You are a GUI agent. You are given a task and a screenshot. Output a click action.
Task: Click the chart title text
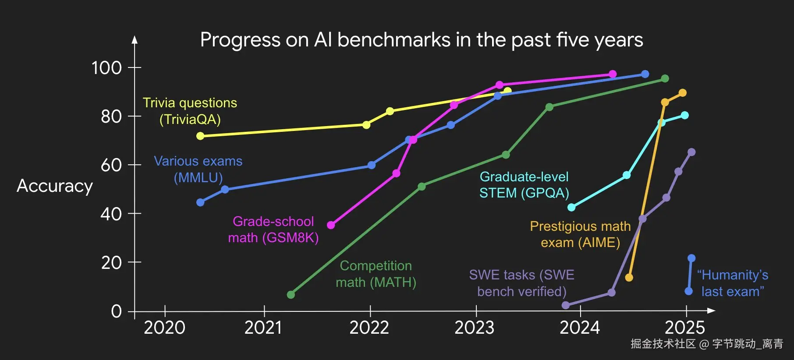(421, 40)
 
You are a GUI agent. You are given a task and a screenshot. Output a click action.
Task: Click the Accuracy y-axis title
(55, 186)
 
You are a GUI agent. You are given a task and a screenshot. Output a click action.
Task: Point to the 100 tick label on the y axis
(106, 68)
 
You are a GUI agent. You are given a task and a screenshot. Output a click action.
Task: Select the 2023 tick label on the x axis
(474, 328)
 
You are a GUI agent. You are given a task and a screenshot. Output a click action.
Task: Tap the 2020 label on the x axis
(164, 328)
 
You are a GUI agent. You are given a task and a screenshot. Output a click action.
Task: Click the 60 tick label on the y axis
(111, 166)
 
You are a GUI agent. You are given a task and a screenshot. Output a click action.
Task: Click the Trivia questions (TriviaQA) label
(190, 111)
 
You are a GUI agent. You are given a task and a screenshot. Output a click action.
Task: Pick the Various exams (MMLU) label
(198, 169)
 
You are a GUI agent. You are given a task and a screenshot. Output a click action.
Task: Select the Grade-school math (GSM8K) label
(273, 229)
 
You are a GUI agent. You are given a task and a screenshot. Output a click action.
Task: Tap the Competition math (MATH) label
(376, 274)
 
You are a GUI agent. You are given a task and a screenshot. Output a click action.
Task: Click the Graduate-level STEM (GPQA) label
(524, 185)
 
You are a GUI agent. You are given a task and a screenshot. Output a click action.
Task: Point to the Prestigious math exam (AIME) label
(580, 234)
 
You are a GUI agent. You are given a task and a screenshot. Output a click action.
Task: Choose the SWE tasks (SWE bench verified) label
(521, 283)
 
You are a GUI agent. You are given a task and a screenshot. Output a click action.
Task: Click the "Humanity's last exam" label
(733, 283)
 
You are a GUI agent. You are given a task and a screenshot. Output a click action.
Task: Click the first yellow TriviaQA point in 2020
(200, 136)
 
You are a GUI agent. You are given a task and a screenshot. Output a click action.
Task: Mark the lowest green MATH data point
(291, 295)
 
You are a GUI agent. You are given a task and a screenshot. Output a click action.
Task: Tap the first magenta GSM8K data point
(331, 225)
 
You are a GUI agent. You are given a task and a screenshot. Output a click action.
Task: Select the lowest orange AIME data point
(629, 278)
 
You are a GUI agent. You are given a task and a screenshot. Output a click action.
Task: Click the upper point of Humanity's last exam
(691, 258)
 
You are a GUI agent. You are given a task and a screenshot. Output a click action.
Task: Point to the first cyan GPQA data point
(571, 207)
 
